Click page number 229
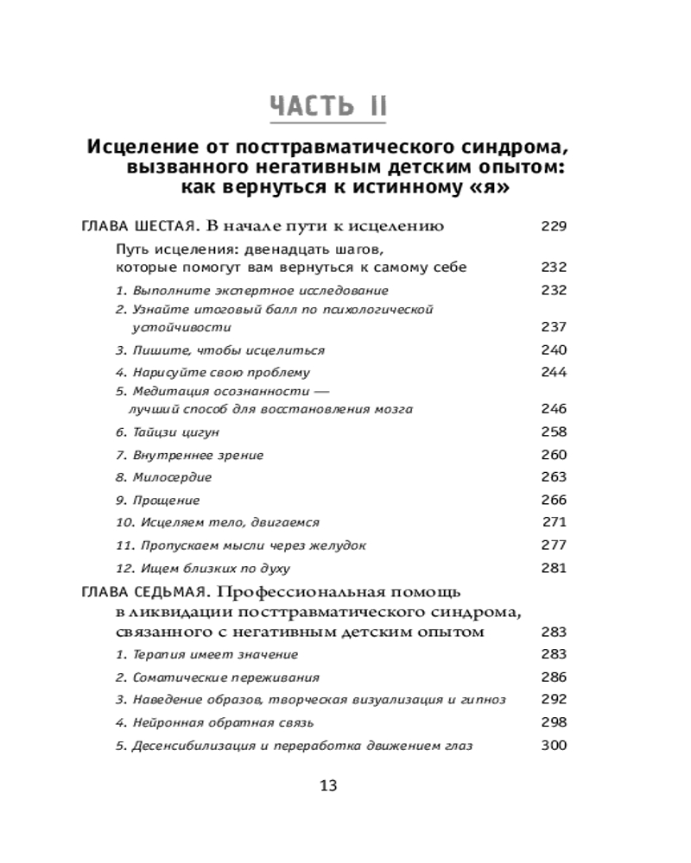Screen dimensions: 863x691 point(553,227)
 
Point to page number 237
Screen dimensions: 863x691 point(553,327)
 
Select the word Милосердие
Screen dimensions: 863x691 point(172,477)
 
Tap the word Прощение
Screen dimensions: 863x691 point(166,501)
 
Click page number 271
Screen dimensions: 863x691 point(554,522)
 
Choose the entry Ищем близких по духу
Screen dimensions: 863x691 point(208,569)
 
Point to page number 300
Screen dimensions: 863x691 point(553,745)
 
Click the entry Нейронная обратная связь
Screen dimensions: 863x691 point(221,722)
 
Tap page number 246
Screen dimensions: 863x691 point(553,408)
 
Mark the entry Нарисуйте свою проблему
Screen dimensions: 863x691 point(220,373)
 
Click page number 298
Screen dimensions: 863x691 point(553,722)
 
